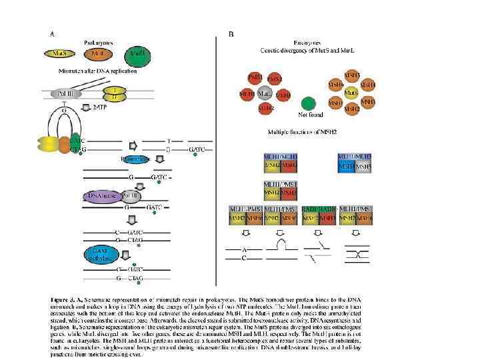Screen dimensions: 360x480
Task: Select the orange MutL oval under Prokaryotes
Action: click(x=97, y=53)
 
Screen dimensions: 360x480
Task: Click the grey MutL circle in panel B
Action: click(x=265, y=94)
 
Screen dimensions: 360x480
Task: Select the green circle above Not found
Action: click(x=307, y=103)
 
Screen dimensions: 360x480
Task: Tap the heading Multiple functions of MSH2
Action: click(x=303, y=133)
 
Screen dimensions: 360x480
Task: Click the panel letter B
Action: click(x=231, y=33)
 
